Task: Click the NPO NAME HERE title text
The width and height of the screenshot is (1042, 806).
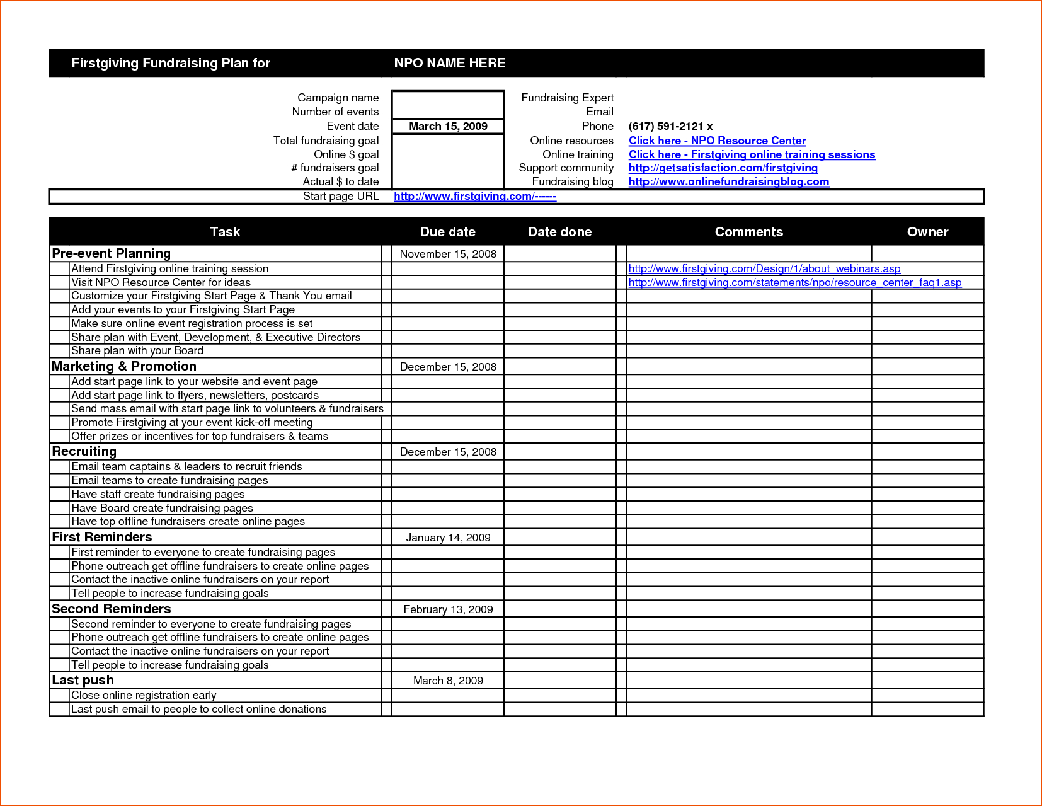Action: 449,63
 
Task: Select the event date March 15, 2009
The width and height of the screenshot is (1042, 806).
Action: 448,126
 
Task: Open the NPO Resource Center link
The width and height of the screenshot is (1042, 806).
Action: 717,141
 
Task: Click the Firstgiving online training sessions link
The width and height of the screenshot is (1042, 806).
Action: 752,154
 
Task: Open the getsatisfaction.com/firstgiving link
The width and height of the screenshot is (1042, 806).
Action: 723,168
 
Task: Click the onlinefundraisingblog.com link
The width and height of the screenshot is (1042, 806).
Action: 728,181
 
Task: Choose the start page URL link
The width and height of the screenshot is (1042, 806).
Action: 474,196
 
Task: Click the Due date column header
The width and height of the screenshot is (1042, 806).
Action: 447,232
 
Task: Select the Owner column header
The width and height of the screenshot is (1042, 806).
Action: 927,232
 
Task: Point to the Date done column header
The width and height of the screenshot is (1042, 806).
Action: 559,232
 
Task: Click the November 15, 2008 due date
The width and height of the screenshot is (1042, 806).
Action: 448,254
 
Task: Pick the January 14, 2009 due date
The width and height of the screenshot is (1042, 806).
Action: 448,538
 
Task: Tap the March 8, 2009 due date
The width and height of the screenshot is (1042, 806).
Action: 448,681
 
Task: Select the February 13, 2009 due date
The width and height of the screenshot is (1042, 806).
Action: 448,609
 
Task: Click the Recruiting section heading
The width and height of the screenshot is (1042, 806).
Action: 84,451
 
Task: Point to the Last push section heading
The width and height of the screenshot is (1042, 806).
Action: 83,680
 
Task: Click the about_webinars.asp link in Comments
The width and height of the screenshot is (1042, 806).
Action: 764,268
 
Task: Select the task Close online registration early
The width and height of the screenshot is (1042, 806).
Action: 144,695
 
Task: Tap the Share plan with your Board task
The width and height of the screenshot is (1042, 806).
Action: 137,350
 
